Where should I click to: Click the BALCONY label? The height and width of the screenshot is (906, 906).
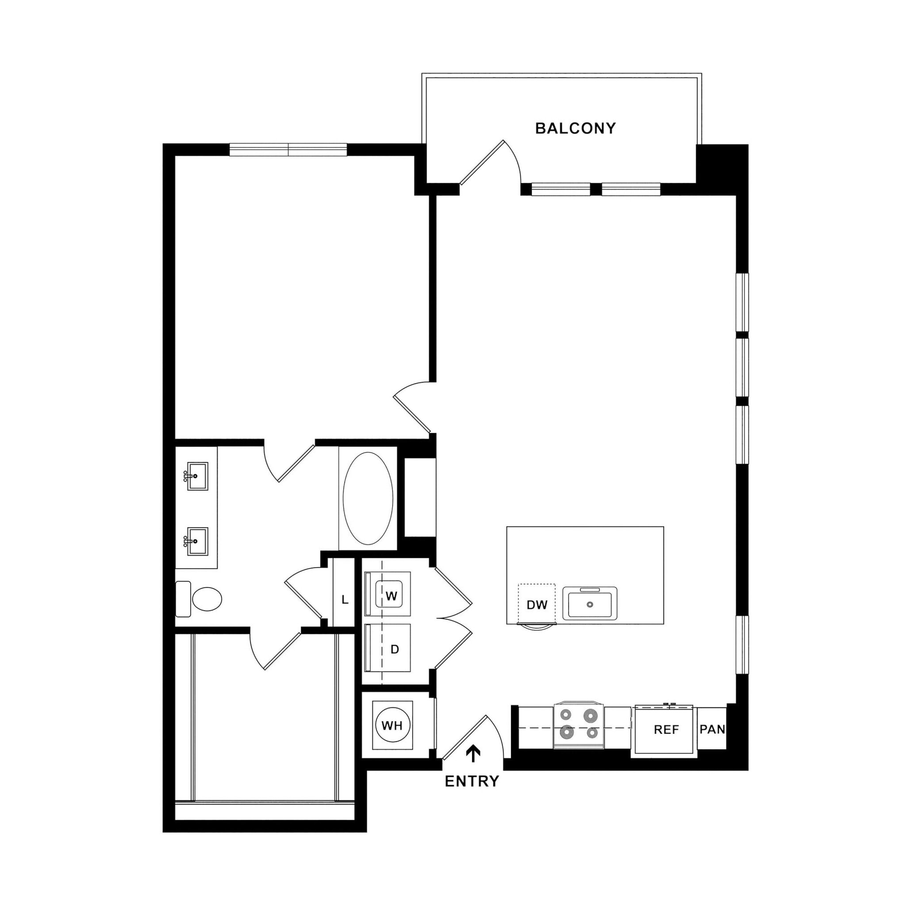575,128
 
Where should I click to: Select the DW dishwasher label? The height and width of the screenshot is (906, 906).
537,605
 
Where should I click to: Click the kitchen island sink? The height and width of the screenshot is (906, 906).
589,604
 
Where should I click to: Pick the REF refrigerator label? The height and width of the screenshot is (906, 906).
666,729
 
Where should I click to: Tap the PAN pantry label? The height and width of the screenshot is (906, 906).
712,729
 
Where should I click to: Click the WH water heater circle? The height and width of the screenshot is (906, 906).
392,726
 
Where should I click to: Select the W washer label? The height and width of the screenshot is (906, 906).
391,596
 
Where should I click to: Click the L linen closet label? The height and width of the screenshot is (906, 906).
345,600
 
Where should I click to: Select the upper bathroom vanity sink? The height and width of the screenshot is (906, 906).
197,476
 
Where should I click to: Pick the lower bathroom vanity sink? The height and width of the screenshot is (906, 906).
197,541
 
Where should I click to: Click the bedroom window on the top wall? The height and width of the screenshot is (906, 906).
288,150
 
